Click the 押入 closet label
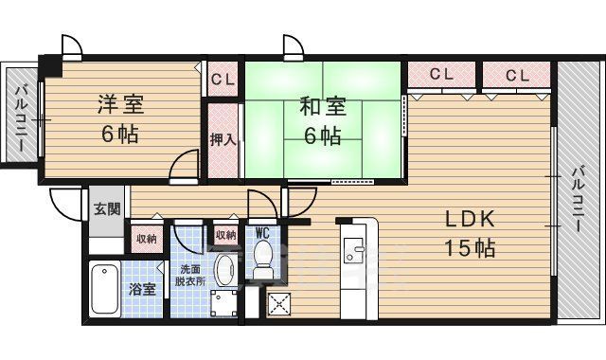pos(223,138)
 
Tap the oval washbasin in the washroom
pos(225,270)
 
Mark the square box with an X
pos(280,302)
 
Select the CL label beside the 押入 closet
pos(223,79)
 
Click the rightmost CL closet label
pos(517,74)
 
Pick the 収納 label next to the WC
pos(225,235)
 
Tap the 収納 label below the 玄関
pos(145,239)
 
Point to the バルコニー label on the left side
pos(20,117)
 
